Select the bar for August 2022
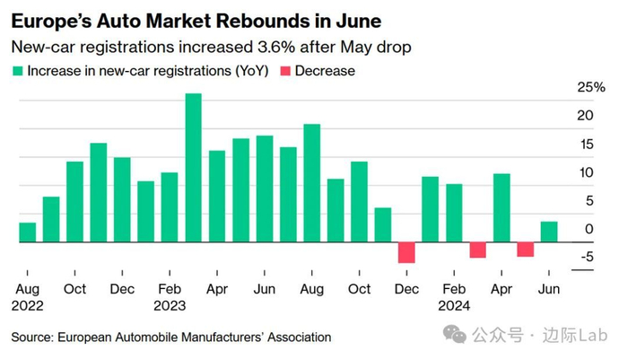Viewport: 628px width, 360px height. pos(28,233)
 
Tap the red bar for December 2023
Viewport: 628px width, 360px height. pos(406,252)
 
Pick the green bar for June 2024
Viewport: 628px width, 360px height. pos(549,232)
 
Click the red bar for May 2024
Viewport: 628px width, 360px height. pos(525,250)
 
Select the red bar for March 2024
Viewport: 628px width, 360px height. pos(477,250)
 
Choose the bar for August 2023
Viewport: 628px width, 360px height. pos(312,183)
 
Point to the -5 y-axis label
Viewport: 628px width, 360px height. pos(587,258)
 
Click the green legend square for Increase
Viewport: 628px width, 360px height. pos(17,71)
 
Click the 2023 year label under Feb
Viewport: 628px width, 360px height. pos(170,304)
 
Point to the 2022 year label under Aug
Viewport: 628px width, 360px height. pos(27,304)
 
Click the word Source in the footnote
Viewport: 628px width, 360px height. pos(32,338)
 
